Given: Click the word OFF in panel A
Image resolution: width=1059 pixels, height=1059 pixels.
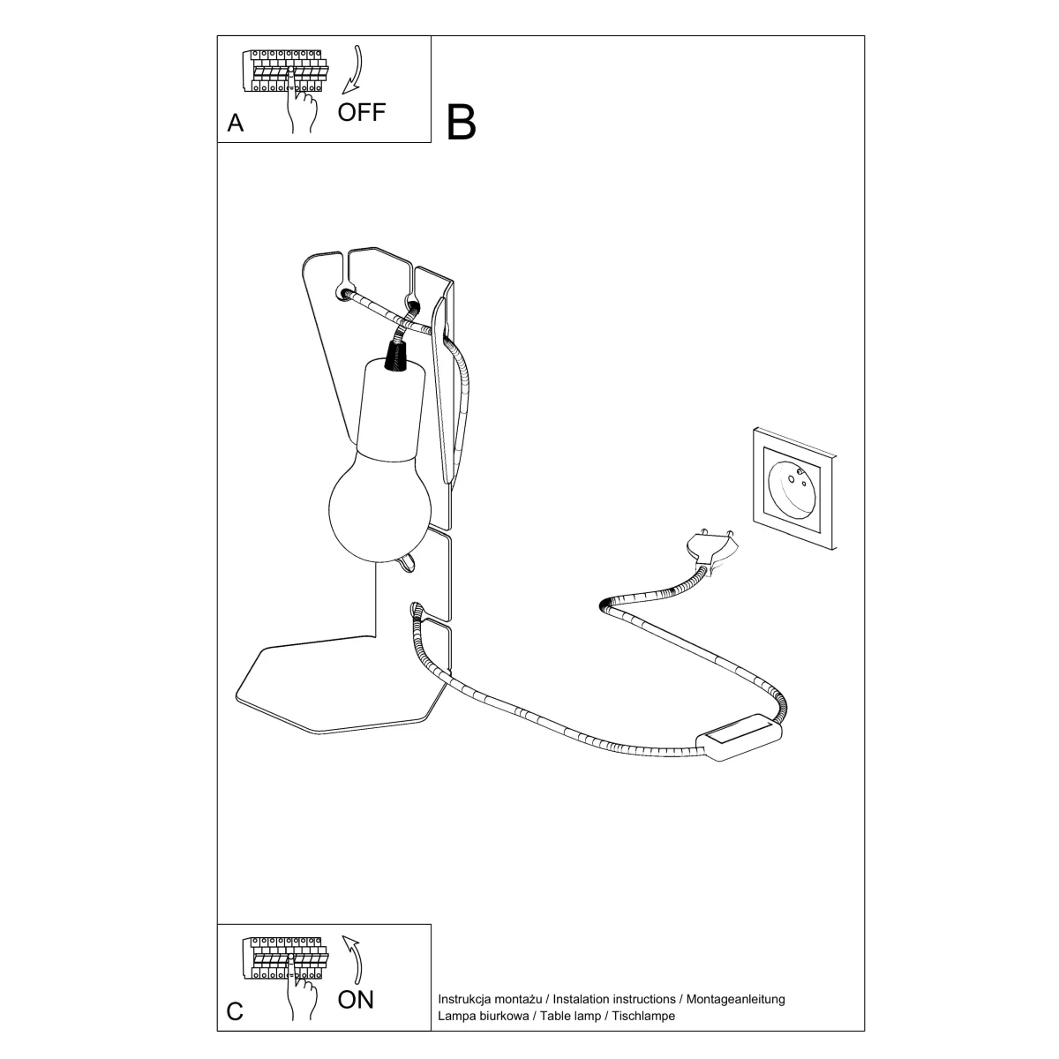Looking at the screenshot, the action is (x=361, y=113).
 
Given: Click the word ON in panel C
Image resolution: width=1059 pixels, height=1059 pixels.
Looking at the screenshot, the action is (x=356, y=1000).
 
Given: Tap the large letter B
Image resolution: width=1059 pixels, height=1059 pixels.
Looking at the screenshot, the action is (x=461, y=122).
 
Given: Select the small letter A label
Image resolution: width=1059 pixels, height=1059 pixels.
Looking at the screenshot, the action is (x=236, y=123).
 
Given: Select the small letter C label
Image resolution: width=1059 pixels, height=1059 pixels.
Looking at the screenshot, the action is (x=235, y=1011).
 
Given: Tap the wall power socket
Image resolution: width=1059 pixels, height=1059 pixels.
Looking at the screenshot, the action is (x=794, y=489).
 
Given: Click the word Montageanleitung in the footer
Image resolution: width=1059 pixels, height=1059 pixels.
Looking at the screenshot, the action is (x=735, y=999).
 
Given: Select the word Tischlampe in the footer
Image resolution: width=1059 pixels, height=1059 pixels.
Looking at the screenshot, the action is (x=643, y=1016).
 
